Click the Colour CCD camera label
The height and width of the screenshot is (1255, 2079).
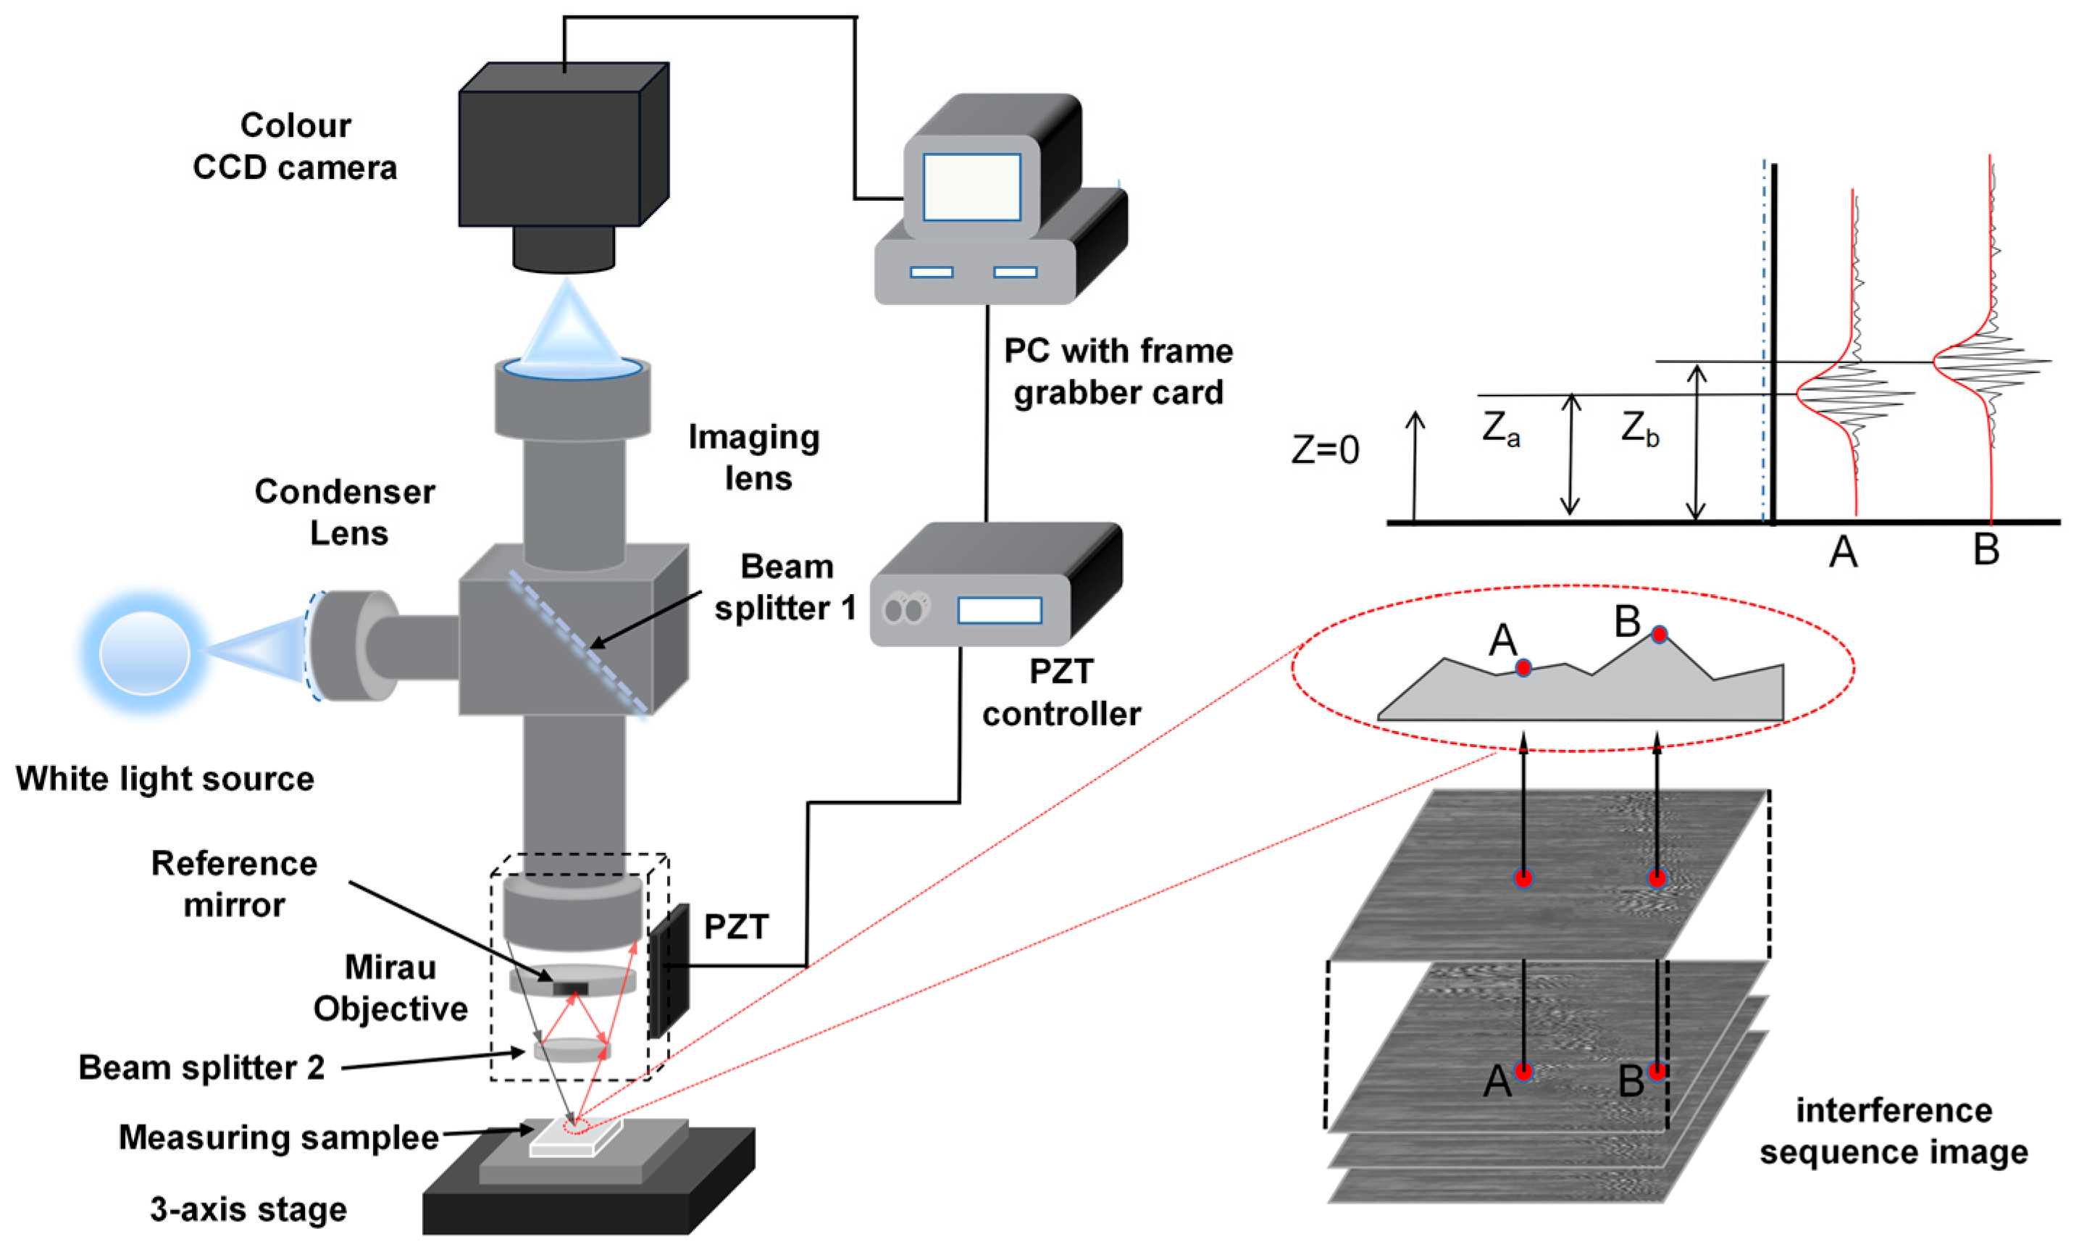pos(295,146)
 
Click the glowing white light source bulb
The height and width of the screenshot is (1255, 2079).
pos(144,652)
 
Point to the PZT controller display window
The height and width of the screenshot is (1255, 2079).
pos(999,610)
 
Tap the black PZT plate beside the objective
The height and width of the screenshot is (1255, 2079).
pos(670,970)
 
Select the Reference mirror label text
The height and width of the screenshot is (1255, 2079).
pos(234,884)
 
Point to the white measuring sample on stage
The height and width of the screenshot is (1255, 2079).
pos(575,1136)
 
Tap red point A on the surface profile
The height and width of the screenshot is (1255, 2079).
pos(1523,668)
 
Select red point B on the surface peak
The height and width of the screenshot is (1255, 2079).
pos(1659,634)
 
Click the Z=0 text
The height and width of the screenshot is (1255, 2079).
pos(1325,450)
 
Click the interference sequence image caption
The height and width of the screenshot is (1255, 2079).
pos(1893,1131)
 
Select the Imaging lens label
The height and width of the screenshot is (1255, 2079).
pos(754,457)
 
